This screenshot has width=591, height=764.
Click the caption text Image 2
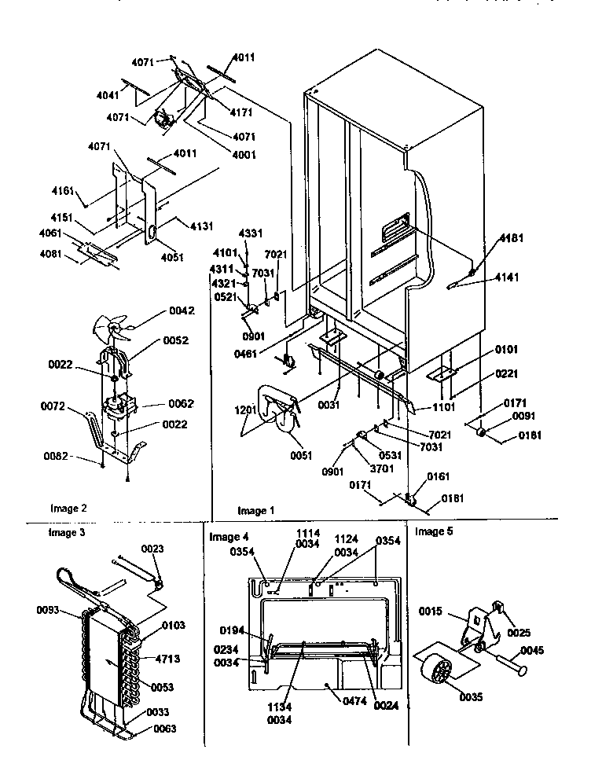69,509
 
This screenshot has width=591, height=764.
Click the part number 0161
439,477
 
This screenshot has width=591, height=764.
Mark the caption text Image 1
256,510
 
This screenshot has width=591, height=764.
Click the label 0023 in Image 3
152,549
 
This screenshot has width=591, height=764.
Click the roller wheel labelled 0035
436,672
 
